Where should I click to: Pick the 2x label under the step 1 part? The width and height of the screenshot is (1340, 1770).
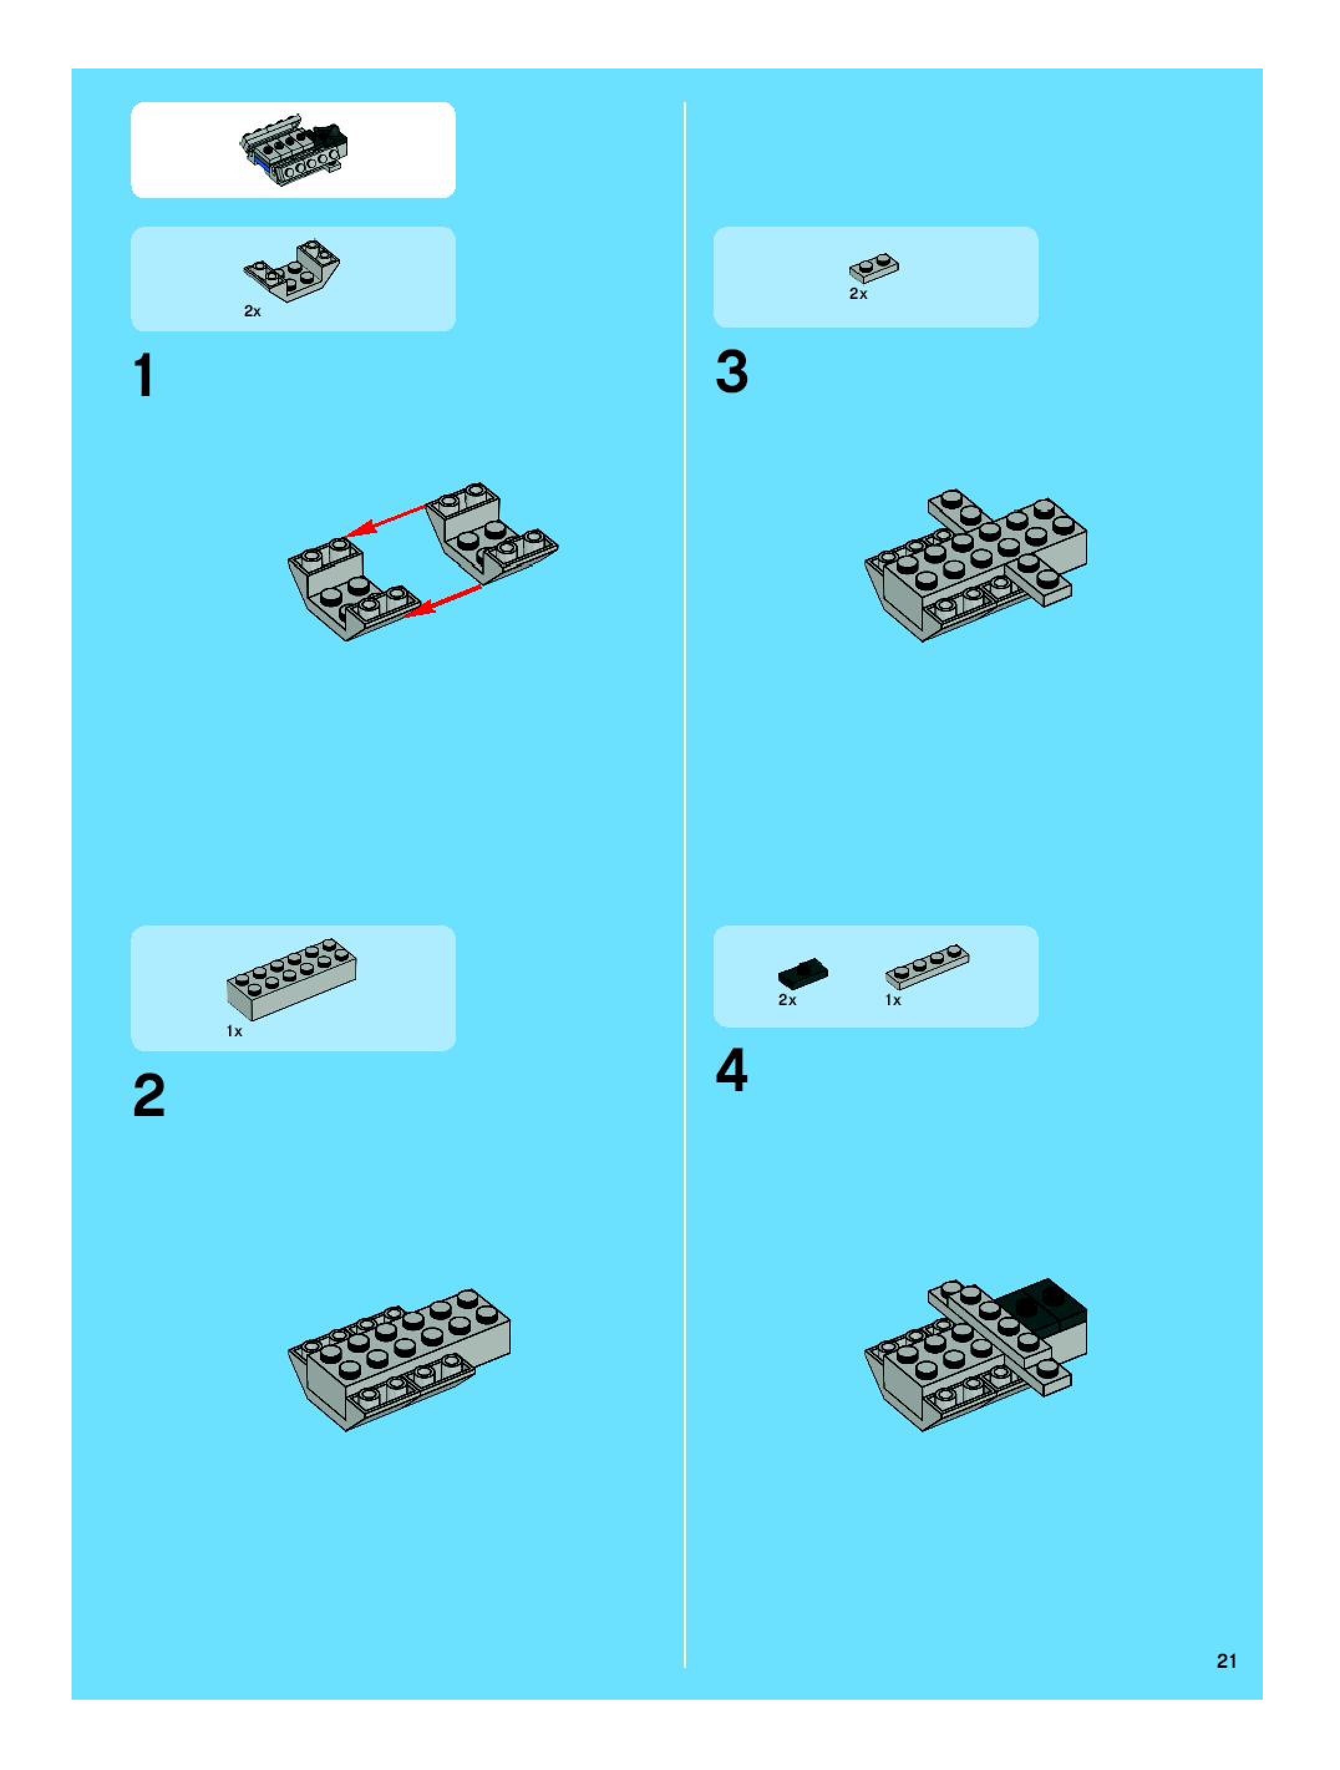(x=253, y=311)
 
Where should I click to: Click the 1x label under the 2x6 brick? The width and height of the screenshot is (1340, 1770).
(x=234, y=1031)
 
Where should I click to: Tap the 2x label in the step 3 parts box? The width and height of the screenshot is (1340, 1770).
(x=859, y=294)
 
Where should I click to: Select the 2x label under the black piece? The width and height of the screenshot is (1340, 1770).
(x=787, y=1000)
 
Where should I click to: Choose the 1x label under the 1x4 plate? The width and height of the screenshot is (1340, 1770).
(x=893, y=1000)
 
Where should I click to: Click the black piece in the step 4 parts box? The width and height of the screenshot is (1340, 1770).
(x=803, y=972)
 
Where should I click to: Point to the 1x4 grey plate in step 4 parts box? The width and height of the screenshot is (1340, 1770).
(x=927, y=967)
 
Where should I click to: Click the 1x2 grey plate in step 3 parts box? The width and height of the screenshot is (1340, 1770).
(x=874, y=269)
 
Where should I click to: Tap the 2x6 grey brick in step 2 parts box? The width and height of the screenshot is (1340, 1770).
(x=292, y=980)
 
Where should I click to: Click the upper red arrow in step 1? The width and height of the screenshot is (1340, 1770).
(x=387, y=520)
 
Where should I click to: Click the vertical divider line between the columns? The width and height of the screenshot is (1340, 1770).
(x=685, y=885)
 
